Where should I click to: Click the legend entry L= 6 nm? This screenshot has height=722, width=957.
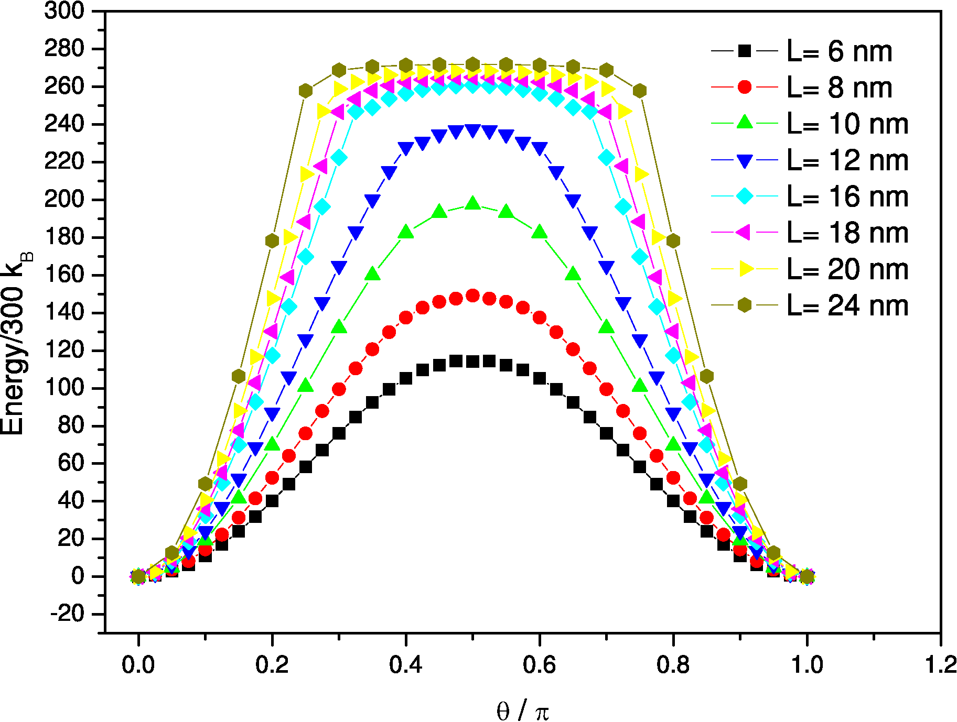(839, 51)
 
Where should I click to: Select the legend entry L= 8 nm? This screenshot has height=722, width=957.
(839, 87)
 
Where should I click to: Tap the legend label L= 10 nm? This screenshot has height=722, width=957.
(847, 124)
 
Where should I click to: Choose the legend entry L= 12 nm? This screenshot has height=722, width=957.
(847, 160)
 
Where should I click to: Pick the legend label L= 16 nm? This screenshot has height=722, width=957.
(847, 197)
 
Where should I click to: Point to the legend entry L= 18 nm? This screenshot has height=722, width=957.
(847, 233)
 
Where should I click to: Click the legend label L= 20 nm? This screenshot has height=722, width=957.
(847, 269)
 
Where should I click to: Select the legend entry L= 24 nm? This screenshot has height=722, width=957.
(847, 305)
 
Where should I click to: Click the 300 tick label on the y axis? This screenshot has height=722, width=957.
(64, 10)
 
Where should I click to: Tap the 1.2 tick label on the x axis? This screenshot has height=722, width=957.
(940, 665)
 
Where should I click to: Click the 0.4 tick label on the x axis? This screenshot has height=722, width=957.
(405, 665)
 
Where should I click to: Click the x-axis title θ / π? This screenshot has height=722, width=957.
(522, 711)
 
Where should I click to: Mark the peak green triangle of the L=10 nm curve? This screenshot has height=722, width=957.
(472, 203)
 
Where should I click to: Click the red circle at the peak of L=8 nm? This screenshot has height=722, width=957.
(472, 296)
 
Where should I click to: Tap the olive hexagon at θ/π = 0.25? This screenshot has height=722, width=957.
(306, 91)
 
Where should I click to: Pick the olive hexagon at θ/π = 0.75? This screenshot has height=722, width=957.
(639, 91)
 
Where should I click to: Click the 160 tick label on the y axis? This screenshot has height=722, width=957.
(64, 275)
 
